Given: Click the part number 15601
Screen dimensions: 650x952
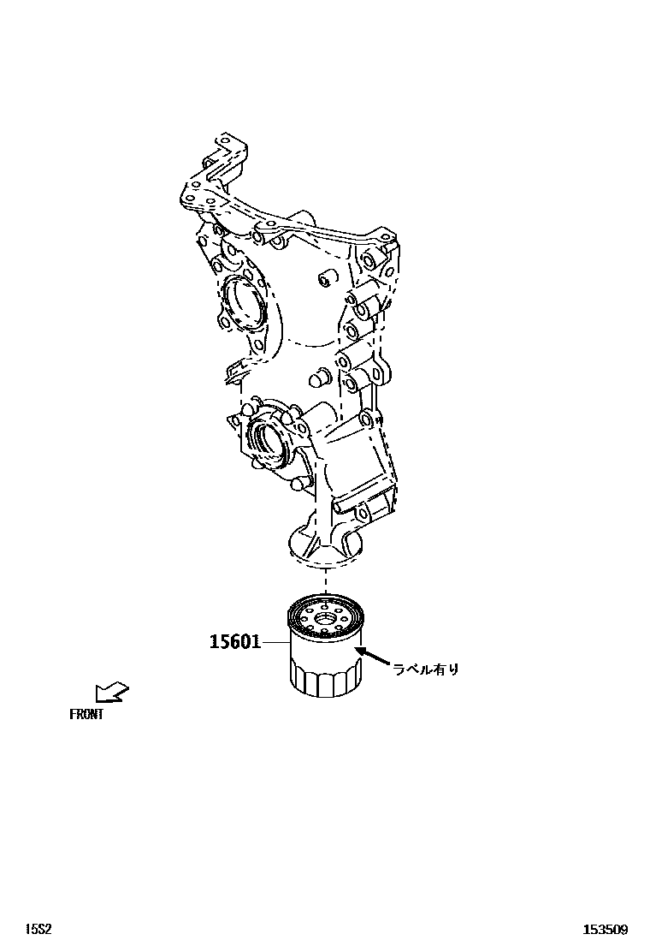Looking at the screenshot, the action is pyautogui.click(x=235, y=641).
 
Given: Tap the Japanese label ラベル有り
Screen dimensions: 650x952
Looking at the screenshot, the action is pyautogui.click(x=426, y=669).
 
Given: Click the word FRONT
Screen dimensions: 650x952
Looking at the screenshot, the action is pyautogui.click(x=86, y=714).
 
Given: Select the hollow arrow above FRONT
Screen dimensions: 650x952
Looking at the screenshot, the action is pyautogui.click(x=110, y=691).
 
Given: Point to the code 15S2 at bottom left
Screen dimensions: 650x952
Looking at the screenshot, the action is pyautogui.click(x=38, y=929).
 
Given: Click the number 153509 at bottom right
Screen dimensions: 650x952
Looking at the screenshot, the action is pyautogui.click(x=606, y=929).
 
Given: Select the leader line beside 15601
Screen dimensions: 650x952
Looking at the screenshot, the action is pyautogui.click(x=275, y=641).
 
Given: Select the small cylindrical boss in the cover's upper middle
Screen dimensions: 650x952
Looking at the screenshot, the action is pyautogui.click(x=324, y=279).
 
